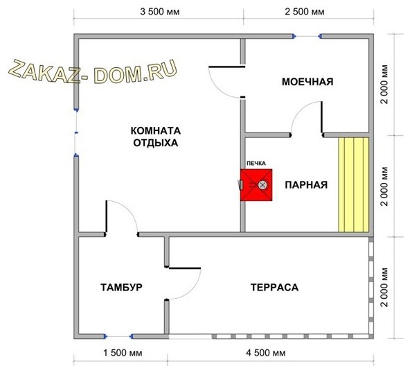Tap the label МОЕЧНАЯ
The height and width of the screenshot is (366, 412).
(307, 82)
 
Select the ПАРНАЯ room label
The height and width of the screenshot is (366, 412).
(305, 185)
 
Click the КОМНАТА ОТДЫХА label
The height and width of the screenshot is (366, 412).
(155, 137)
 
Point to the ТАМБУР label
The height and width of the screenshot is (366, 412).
(121, 287)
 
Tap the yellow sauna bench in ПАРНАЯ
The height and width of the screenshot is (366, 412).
(353, 184)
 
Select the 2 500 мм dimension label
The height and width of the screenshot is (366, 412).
(307, 12)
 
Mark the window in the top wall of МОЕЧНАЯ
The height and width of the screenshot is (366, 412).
(307, 37)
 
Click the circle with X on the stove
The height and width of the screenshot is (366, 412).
(262, 185)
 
